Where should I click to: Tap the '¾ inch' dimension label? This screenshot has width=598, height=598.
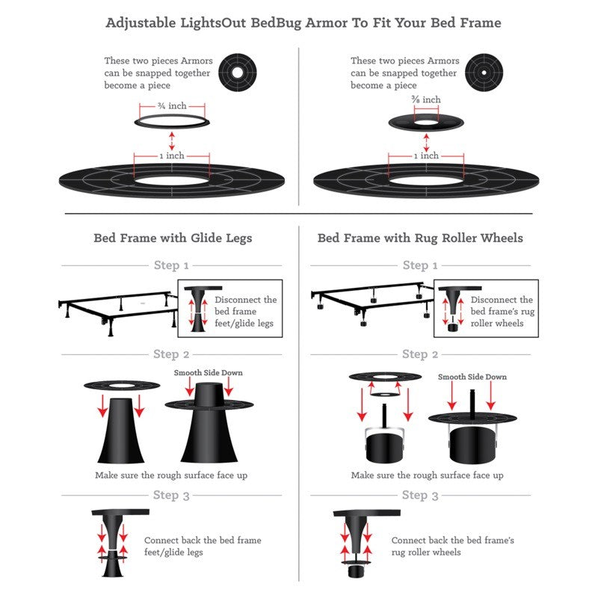pyautogui.click(x=173, y=105)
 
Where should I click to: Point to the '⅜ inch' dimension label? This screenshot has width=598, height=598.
pyautogui.click(x=426, y=99)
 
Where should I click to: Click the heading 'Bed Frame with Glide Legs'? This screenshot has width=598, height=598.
pyautogui.click(x=173, y=238)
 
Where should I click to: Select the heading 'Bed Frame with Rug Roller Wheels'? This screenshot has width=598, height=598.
pyautogui.click(x=420, y=238)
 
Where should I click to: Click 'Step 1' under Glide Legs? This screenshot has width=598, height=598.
pyautogui.click(x=171, y=265)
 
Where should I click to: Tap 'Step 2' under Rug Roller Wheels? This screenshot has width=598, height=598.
pyautogui.click(x=420, y=354)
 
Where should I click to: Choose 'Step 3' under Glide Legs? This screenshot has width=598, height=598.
pyautogui.click(x=171, y=495)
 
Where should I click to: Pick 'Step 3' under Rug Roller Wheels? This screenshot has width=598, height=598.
pyautogui.click(x=420, y=495)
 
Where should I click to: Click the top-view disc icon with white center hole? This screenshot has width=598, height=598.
pyautogui.click(x=237, y=73)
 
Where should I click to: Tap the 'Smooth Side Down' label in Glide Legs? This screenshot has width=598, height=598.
pyautogui.click(x=209, y=373)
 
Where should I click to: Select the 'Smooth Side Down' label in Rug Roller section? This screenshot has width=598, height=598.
pyautogui.click(x=472, y=377)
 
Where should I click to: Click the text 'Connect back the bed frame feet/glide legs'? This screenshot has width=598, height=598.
pyautogui.click(x=203, y=546)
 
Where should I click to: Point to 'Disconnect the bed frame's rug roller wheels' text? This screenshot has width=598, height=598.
pyautogui.click(x=502, y=312)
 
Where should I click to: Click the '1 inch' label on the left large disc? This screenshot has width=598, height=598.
pyautogui.click(x=172, y=156)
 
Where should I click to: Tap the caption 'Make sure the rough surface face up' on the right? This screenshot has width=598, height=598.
pyautogui.click(x=427, y=475)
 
